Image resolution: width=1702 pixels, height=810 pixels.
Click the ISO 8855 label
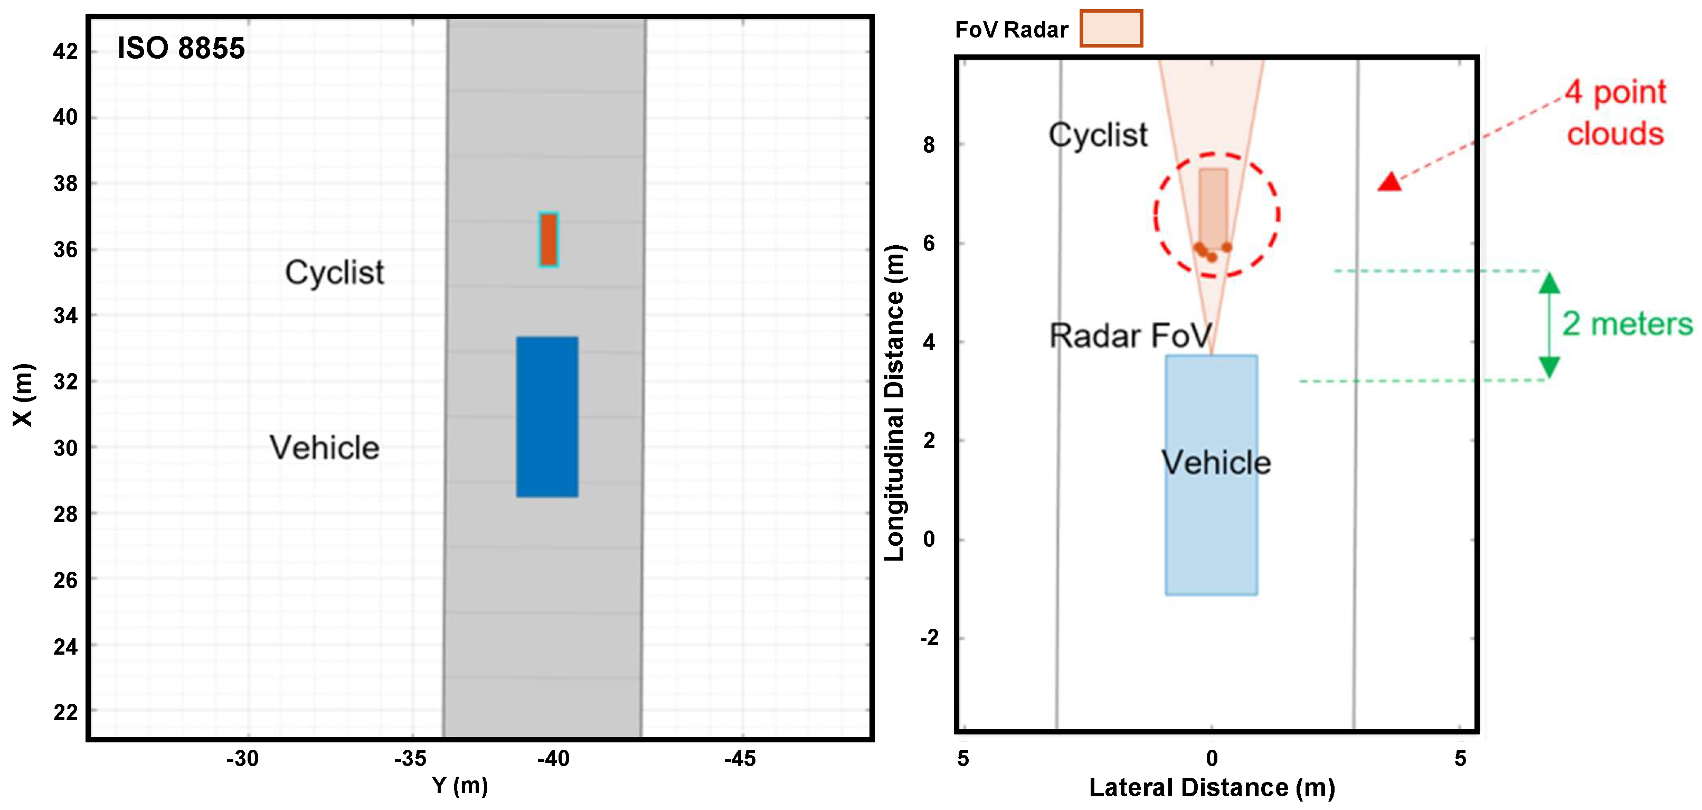(181, 48)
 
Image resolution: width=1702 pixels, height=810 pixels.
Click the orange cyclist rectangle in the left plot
(549, 239)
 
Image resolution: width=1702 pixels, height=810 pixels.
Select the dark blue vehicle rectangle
(547, 416)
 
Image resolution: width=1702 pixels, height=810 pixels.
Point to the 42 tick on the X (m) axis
(65, 52)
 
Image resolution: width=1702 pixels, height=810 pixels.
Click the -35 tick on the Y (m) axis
(410, 758)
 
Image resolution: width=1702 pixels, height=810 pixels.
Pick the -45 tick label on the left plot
(740, 758)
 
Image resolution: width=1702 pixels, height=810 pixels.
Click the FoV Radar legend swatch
(1111, 29)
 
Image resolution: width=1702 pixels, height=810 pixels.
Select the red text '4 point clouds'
(1616, 113)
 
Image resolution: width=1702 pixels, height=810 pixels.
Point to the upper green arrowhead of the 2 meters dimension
(1549, 284)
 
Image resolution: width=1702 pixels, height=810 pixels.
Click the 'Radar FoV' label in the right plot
(1130, 336)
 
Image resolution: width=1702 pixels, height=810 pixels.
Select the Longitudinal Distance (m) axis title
(894, 403)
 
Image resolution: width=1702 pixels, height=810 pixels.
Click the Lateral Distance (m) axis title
(1212, 787)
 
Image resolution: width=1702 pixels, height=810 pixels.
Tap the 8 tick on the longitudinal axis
(929, 145)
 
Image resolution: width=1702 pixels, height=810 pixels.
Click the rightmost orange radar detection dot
(1226, 247)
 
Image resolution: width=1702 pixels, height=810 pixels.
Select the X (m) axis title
(23, 395)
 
